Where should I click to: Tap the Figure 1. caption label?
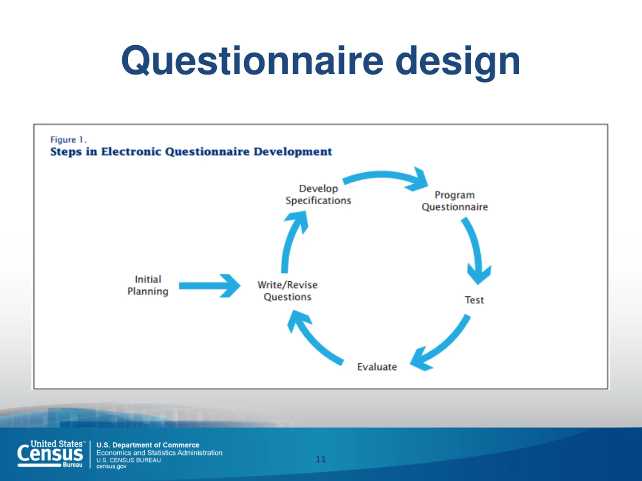point(68,140)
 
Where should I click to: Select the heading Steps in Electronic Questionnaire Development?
point(191,152)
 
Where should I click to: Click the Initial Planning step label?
point(148,285)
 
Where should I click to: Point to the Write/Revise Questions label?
point(287,291)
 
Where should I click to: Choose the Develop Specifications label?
point(318,195)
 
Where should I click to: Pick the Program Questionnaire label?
point(455,201)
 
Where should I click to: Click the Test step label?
point(474,300)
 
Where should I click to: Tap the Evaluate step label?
point(377,367)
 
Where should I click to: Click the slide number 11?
point(321,459)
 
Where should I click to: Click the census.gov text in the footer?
point(111,466)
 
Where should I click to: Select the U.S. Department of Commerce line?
point(148,445)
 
